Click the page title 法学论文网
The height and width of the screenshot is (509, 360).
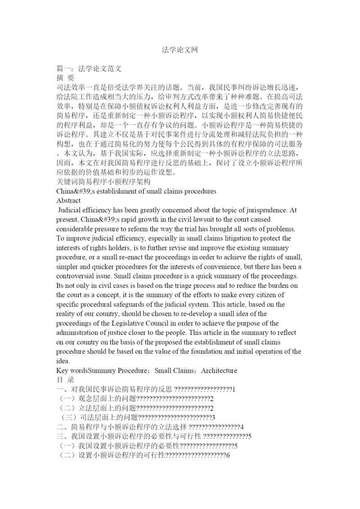(x=180, y=49)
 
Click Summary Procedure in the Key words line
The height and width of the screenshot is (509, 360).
(x=117, y=370)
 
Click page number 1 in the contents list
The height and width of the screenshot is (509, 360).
(x=234, y=389)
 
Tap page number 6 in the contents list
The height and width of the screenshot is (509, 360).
(x=228, y=455)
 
